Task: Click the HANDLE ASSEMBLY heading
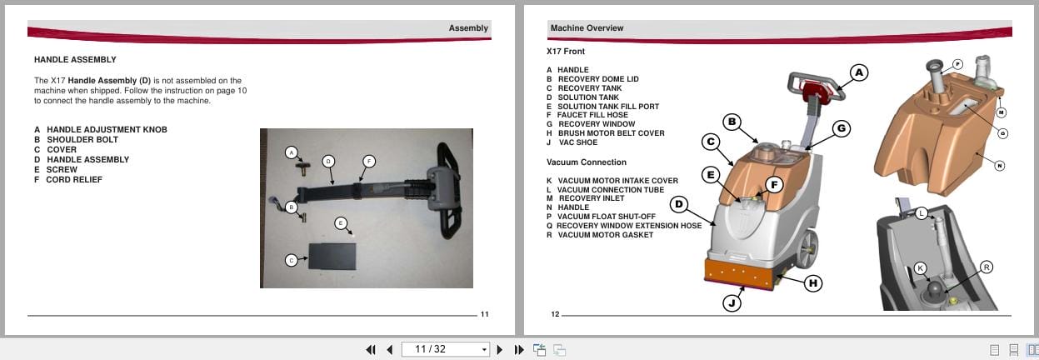(x=75, y=60)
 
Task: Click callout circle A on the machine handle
(x=859, y=72)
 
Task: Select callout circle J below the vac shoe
(x=732, y=302)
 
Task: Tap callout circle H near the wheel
(x=813, y=283)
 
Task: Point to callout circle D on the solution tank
(x=679, y=203)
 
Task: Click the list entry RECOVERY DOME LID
(x=597, y=79)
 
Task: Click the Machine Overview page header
(x=587, y=28)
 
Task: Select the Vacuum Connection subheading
(x=587, y=162)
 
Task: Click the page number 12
(x=556, y=314)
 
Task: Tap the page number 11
(x=484, y=314)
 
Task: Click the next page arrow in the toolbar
(x=500, y=350)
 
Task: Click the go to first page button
(x=371, y=350)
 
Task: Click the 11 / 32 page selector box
(x=445, y=349)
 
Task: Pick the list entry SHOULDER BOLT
(x=82, y=140)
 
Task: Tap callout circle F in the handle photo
(x=369, y=161)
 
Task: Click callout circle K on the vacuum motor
(x=920, y=268)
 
